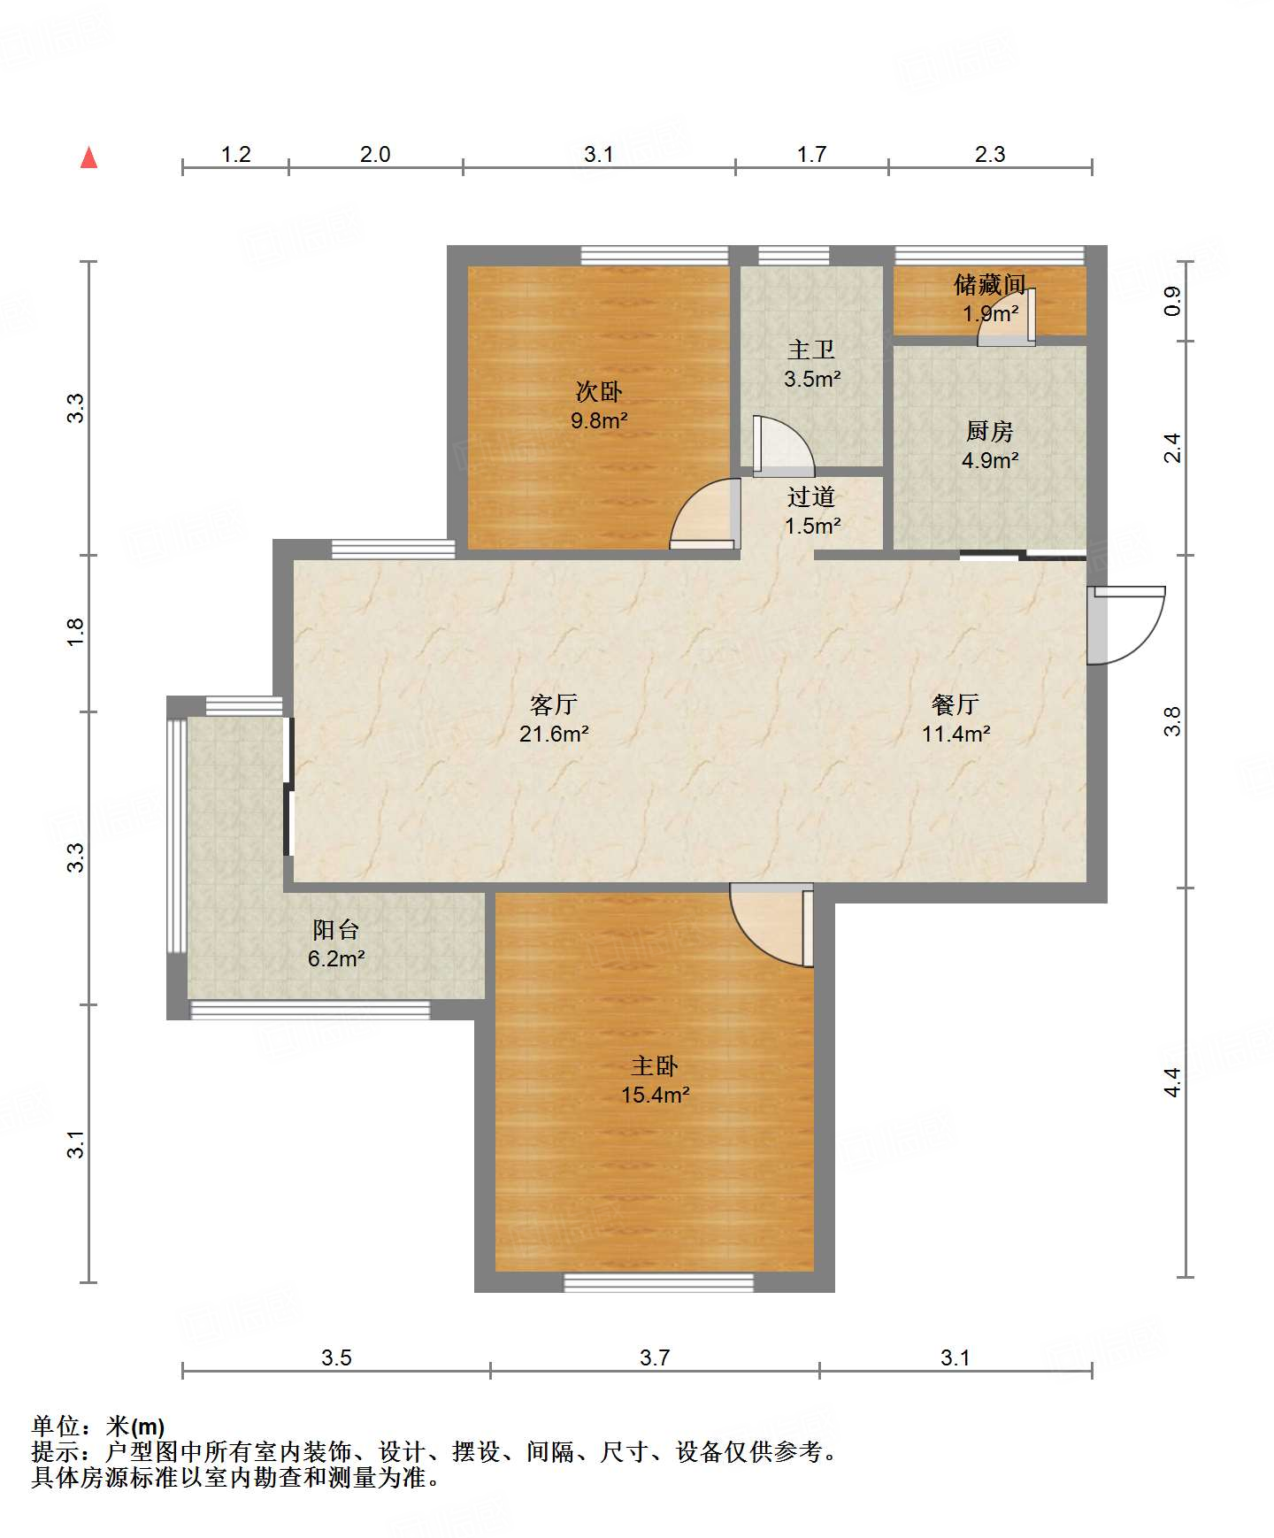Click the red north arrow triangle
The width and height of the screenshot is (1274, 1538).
pos(88,158)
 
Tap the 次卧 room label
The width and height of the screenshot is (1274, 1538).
pos(599,391)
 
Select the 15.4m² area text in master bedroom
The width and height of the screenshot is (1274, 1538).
pos(655,1095)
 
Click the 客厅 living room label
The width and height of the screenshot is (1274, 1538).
pos(554,704)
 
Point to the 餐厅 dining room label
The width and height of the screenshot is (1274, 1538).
pos(955,704)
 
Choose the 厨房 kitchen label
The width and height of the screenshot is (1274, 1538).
pos(990,431)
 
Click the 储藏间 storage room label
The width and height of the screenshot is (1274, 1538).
pos(990,284)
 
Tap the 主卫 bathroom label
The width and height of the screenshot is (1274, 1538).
pos(811,350)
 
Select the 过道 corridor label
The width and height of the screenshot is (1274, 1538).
pos(811,496)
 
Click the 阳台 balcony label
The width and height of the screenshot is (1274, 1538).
pos(336,929)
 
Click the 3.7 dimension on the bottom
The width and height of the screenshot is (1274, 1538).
pos(655,1357)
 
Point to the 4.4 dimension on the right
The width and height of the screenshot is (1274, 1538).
pos(1172,1082)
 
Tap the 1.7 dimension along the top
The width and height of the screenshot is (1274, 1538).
pos(811,154)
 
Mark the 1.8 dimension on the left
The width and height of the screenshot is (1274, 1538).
pos(75,632)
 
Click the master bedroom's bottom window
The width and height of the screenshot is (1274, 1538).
pos(659,1282)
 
